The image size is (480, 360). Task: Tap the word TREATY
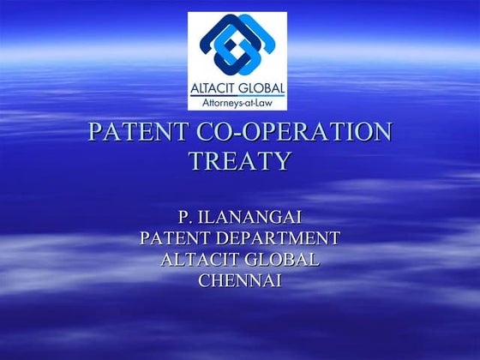[239, 161]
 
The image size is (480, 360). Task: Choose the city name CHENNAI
[239, 280]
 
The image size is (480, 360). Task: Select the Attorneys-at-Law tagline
[237, 102]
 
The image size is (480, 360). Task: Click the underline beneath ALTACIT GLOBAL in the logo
[237, 95]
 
